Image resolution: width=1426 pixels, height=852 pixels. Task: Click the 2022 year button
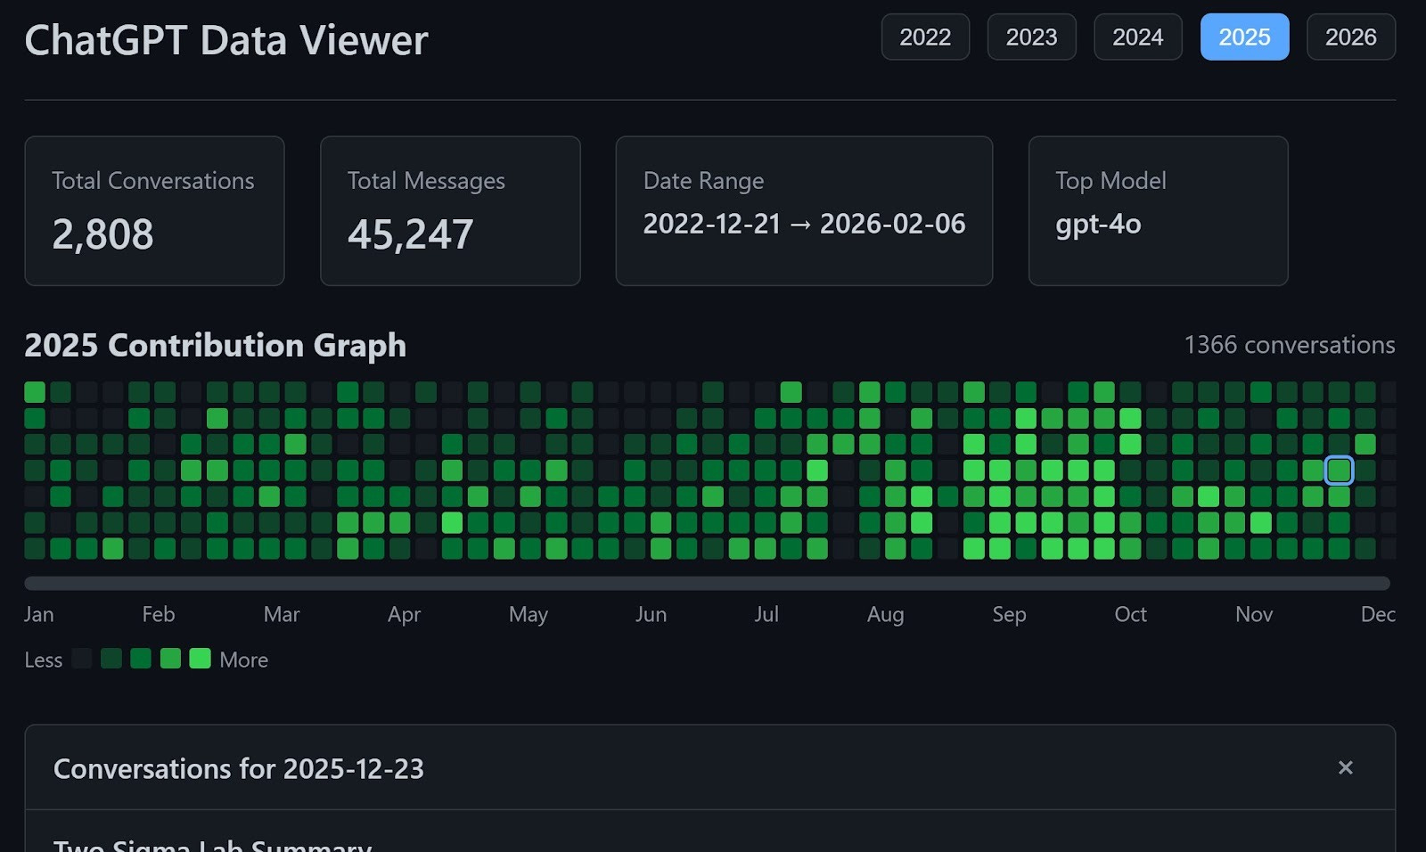(925, 37)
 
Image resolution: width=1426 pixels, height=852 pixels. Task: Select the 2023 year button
(1031, 37)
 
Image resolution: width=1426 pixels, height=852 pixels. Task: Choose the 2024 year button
(1137, 37)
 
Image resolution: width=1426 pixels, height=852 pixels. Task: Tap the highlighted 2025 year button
(1244, 37)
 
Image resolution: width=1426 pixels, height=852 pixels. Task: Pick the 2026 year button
(1350, 37)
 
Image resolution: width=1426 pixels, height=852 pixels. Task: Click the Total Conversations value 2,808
(102, 234)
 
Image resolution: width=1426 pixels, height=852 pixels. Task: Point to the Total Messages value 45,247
(410, 234)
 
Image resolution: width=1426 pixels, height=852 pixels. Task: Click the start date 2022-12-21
(711, 224)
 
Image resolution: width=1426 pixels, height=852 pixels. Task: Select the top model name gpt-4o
(1098, 224)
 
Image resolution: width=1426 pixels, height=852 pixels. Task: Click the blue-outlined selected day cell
(1339, 470)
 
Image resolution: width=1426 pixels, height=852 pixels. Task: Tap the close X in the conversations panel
(1345, 767)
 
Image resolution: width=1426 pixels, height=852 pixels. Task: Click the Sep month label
(1009, 614)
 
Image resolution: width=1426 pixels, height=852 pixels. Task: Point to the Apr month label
(404, 614)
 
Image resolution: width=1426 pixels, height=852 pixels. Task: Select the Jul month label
(766, 614)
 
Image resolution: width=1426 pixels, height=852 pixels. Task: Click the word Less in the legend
(43, 659)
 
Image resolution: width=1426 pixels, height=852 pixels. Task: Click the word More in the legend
(243, 659)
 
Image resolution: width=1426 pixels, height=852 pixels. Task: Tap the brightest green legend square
(200, 659)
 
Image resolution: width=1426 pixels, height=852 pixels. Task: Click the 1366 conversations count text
(1289, 345)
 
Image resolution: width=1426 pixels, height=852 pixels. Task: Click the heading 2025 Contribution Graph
(215, 345)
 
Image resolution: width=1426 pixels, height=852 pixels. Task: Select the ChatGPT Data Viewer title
(226, 40)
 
